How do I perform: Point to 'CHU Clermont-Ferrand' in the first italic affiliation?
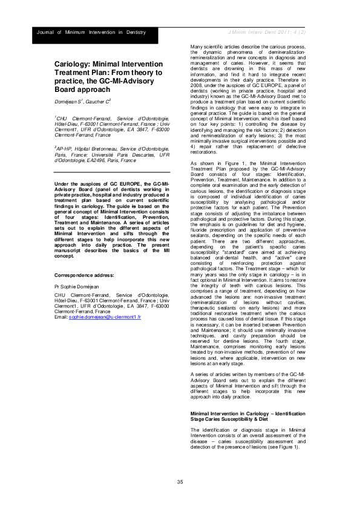(82, 118)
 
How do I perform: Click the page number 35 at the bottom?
(180, 481)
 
